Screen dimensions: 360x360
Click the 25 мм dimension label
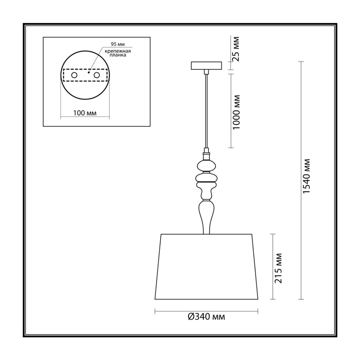(x=235, y=49)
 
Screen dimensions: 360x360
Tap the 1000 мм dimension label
(x=236, y=112)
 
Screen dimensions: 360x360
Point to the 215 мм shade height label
(x=278, y=268)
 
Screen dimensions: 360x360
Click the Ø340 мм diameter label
(x=207, y=317)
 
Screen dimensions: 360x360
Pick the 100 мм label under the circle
(x=85, y=113)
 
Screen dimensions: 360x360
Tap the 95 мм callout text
(x=118, y=44)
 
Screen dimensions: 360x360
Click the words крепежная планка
(x=118, y=53)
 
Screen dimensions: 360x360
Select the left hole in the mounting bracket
(x=74, y=75)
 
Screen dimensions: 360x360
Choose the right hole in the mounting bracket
(x=97, y=75)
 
